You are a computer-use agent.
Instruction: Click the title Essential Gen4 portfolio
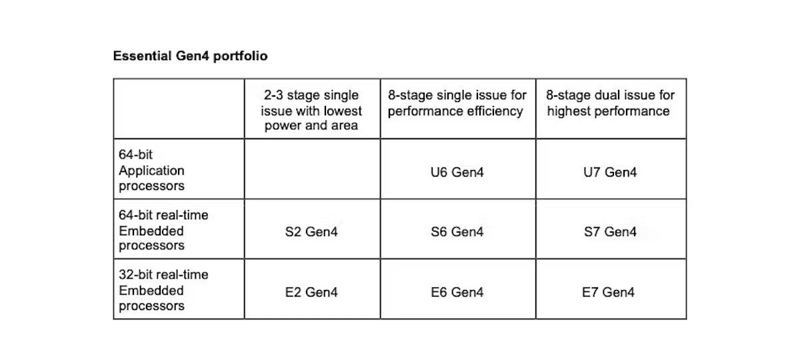(x=191, y=56)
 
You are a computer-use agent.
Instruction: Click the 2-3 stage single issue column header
(x=311, y=110)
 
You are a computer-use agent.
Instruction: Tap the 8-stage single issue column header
(x=457, y=103)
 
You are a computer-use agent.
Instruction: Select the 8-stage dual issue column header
(x=610, y=103)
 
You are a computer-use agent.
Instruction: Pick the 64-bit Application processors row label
(x=151, y=170)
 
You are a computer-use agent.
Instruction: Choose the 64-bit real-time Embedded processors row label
(x=163, y=230)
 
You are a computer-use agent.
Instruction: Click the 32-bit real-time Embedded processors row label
(x=163, y=290)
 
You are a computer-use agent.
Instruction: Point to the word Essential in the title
(x=142, y=56)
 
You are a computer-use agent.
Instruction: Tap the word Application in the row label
(x=151, y=171)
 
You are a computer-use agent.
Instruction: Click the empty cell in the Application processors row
(x=312, y=169)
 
